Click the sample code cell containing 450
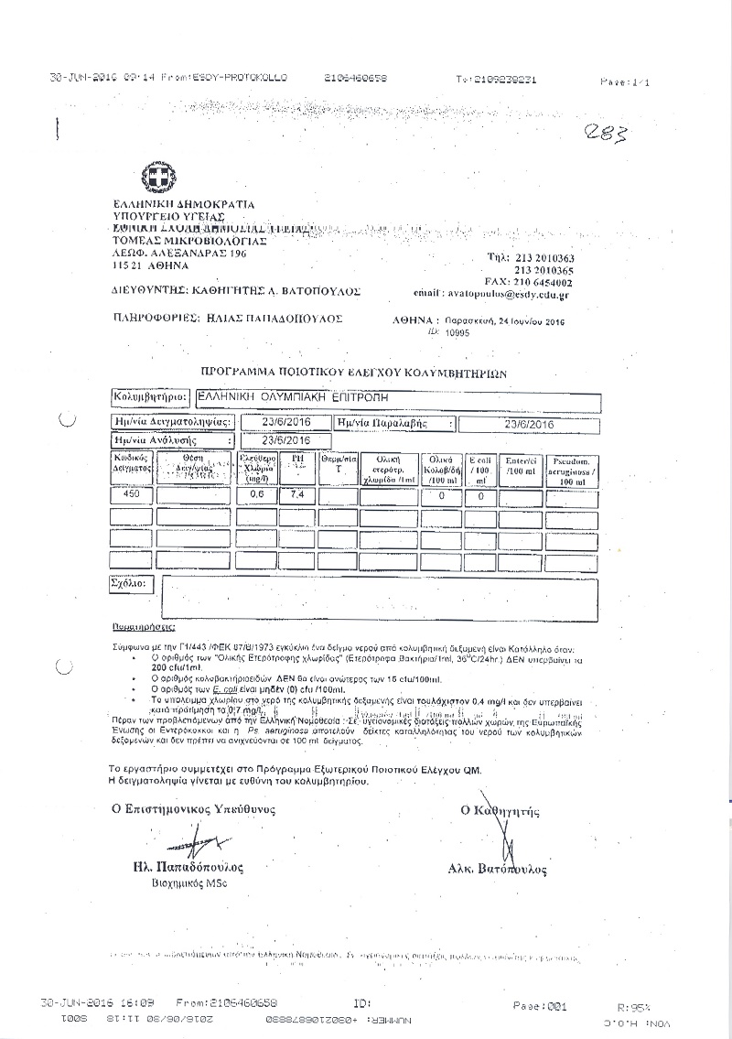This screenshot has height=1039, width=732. pos(130,495)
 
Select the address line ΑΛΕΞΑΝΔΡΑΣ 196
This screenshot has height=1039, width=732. pos(179,254)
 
